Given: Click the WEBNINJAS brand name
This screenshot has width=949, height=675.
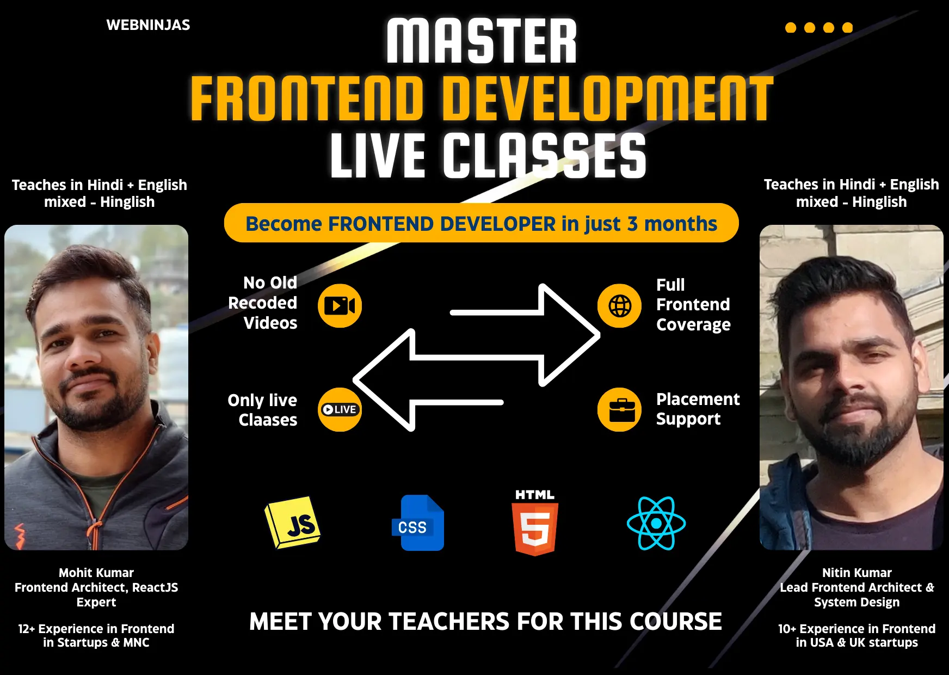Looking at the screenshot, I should tap(148, 25).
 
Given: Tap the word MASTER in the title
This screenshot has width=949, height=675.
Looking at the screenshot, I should tap(482, 41).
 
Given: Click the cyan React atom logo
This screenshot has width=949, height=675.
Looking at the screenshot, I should tap(656, 524).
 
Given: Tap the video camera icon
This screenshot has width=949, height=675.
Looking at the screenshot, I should tap(340, 306).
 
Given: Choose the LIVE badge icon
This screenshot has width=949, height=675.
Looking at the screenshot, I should tap(340, 409).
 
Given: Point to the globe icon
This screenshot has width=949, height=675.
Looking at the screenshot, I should tap(619, 306).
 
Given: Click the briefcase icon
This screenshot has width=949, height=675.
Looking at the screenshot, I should tap(619, 410).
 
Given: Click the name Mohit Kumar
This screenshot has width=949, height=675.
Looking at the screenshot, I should tap(96, 573).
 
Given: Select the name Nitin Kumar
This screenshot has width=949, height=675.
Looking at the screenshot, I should tap(856, 573).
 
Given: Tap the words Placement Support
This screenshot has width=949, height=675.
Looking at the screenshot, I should tap(697, 409).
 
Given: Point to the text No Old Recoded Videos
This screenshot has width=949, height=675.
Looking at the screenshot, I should tap(263, 303).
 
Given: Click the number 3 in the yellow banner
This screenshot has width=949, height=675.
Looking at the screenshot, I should tap(632, 224).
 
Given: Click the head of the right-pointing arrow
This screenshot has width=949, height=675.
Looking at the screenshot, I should tap(571, 335).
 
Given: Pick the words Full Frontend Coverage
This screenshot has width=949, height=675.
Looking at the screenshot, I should tap(693, 305).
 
